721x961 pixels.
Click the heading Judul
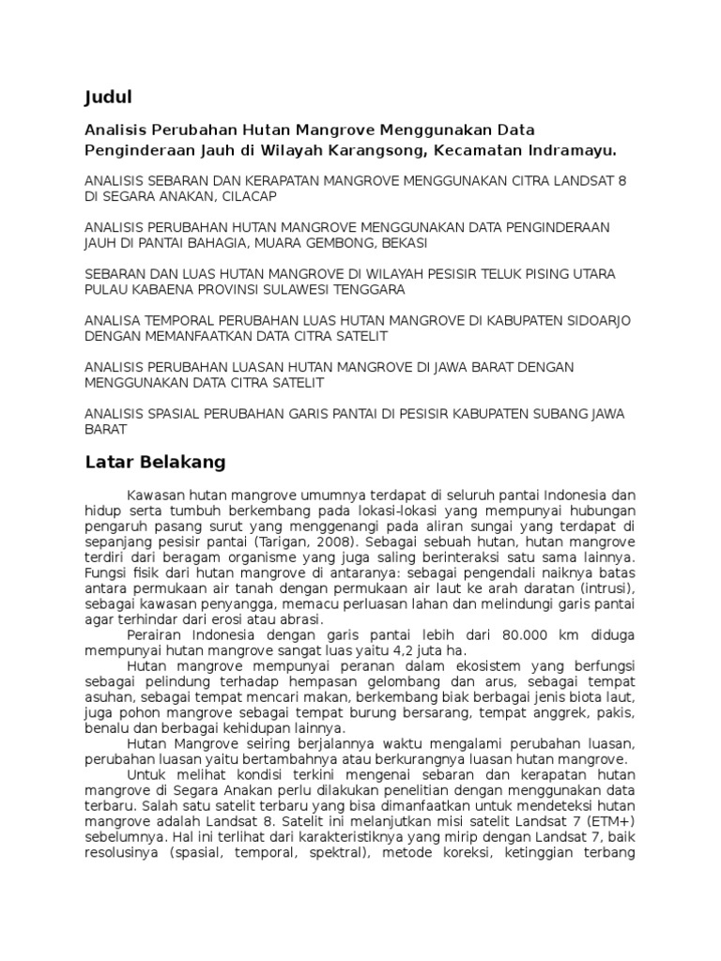(x=109, y=97)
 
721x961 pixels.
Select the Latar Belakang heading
(x=154, y=462)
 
